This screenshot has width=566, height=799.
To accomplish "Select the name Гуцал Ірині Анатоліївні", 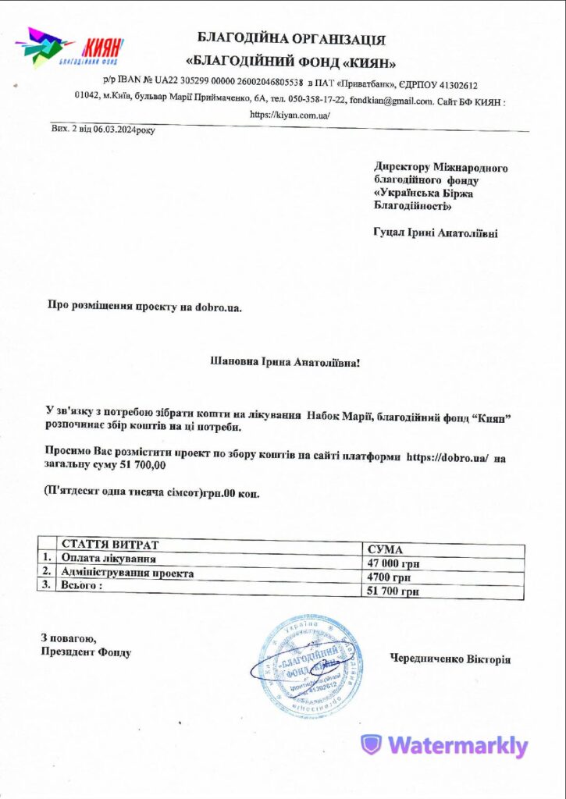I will tap(436, 233).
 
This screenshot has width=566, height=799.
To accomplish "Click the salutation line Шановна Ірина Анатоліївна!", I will tap(287, 361).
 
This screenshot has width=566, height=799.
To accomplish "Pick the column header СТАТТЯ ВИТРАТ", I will tap(110, 544).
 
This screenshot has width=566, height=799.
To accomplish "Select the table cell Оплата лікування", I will tap(109, 559).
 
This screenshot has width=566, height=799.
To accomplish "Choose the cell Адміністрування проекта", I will tap(127, 573).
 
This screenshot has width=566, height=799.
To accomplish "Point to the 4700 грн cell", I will tap(389, 577).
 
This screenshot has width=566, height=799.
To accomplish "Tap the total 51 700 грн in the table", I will tap(393, 592).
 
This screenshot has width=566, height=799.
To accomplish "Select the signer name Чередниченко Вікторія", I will tap(450, 659).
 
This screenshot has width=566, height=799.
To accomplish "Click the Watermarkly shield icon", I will tap(372, 745).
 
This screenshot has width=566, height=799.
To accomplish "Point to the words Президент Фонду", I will tap(85, 652).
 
